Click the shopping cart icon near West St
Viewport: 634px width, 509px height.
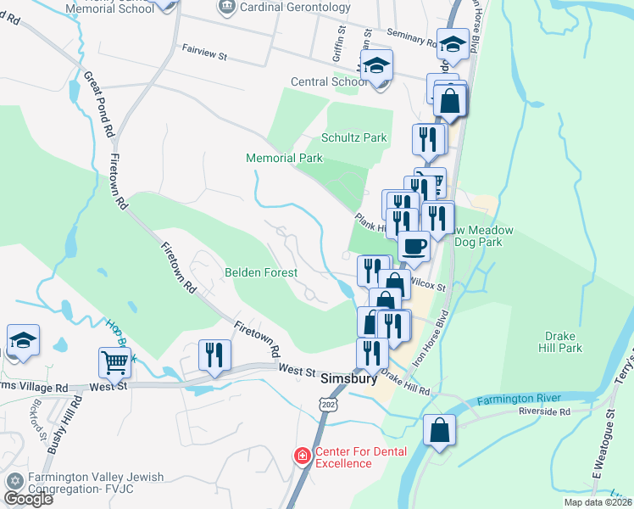point(114,362)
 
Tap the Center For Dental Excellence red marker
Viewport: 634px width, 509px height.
point(302,456)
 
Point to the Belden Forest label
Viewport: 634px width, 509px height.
point(261,272)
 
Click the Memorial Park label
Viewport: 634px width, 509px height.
point(285,158)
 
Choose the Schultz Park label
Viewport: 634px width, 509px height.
point(353,137)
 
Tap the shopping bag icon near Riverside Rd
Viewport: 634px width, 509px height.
point(440,430)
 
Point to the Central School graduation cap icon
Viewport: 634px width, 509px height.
point(375,64)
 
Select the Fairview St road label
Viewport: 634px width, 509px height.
point(205,53)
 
